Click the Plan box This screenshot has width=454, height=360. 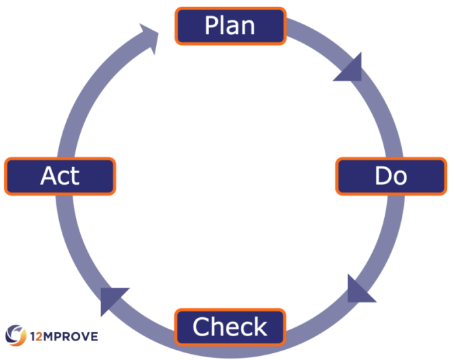(229, 25)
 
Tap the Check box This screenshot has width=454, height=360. (230, 327)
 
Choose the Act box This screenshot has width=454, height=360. (60, 176)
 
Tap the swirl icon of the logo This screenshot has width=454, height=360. (16, 335)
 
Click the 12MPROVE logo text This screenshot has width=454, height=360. (64, 336)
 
